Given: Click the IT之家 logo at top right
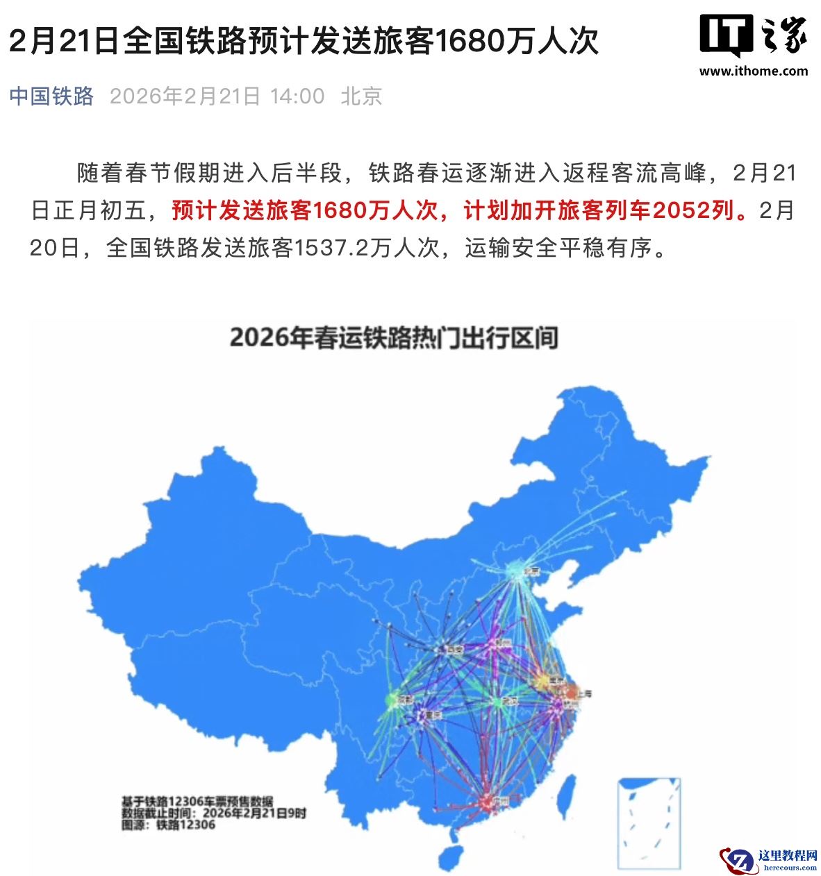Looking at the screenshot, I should [x=753, y=35].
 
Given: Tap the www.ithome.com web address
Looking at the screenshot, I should [x=753, y=71].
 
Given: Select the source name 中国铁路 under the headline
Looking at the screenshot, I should [x=51, y=96].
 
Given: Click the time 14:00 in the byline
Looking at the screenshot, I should [x=297, y=96].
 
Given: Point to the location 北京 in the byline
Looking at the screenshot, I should [x=361, y=96].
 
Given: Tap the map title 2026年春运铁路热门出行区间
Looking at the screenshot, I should [x=394, y=338].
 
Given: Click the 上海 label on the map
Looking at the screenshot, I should [x=584, y=693].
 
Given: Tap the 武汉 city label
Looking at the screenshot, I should [x=511, y=702].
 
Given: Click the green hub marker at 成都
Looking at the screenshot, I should [x=392, y=700].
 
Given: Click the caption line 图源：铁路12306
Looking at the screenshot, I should [x=168, y=825].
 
